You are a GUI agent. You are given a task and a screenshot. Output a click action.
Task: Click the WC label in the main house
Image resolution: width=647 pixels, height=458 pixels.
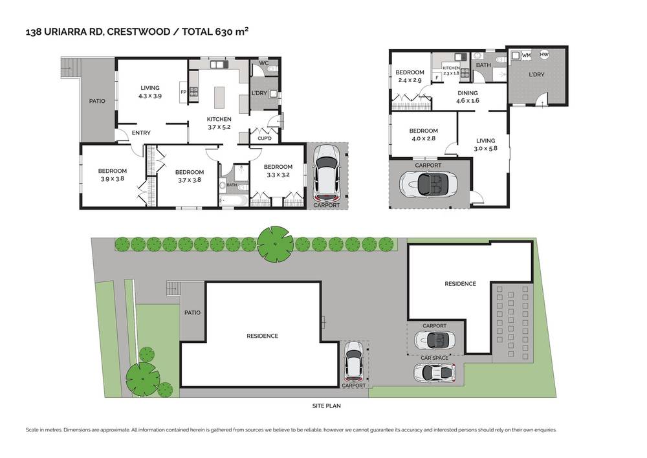(264, 64)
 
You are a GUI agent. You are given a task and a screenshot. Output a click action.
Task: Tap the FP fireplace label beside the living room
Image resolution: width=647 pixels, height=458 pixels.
(183, 92)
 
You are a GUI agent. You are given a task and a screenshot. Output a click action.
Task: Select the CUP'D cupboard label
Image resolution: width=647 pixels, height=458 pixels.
(264, 138)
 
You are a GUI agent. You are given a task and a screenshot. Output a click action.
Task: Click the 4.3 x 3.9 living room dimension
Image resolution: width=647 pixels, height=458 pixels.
(149, 96)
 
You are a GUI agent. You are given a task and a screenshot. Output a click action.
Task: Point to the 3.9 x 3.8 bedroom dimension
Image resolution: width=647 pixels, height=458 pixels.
(111, 179)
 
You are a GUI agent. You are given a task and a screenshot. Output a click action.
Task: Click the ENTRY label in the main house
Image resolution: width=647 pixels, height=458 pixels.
(141, 133)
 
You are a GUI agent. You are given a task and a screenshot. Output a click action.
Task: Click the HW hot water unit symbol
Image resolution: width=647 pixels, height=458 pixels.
(544, 55)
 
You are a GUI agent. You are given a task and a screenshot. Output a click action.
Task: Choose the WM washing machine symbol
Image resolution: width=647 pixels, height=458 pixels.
(526, 56)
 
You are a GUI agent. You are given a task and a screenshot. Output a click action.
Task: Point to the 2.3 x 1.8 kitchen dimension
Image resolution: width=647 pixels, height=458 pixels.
(451, 73)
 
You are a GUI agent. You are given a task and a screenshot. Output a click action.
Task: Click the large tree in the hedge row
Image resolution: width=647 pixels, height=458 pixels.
(275, 242)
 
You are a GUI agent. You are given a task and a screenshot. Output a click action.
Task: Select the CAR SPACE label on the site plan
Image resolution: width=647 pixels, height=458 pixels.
(434, 358)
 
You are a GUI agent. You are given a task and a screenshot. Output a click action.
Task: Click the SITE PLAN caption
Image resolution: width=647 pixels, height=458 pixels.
(325, 406)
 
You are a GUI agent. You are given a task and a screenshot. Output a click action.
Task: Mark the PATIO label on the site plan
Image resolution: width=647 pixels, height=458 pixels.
(192, 312)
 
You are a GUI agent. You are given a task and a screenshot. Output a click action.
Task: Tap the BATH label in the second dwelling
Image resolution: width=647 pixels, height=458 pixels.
(483, 65)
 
